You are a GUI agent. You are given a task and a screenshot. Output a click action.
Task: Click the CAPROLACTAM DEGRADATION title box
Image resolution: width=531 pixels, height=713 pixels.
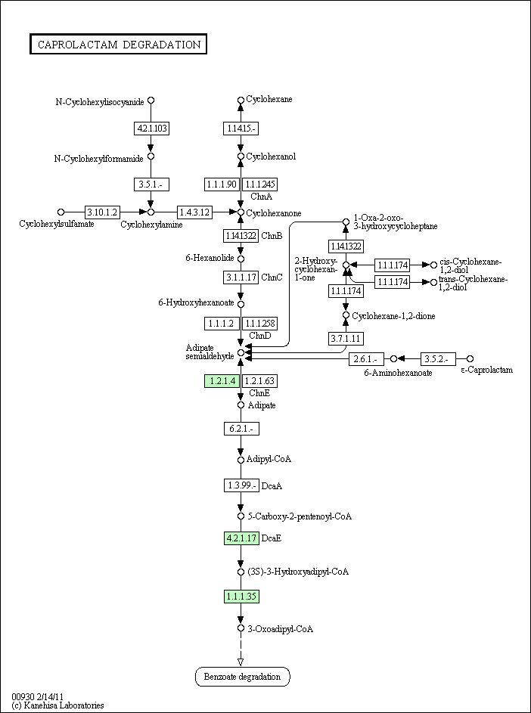(x=119, y=45)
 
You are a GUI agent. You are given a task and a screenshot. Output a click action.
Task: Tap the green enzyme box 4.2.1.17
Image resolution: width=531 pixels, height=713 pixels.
(x=241, y=538)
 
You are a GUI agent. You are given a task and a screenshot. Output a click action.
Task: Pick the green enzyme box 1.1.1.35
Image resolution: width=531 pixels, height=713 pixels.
(x=241, y=597)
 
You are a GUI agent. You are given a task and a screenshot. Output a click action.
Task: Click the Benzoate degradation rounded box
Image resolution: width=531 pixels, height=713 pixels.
(x=242, y=677)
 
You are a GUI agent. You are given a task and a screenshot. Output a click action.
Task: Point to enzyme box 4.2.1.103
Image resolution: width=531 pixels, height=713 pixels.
(x=151, y=129)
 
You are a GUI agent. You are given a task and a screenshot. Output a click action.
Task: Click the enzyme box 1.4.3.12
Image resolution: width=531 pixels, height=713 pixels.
(x=195, y=212)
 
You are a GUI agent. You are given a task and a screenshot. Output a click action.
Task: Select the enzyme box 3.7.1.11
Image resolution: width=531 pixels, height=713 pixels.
(x=346, y=337)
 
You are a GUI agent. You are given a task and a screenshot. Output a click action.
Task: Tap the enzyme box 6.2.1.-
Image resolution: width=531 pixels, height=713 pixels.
(x=241, y=429)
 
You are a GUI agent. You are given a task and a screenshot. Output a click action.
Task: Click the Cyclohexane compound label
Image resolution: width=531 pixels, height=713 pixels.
(x=269, y=99)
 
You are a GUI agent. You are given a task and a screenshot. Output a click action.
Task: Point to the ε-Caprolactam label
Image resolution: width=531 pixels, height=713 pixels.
(x=487, y=370)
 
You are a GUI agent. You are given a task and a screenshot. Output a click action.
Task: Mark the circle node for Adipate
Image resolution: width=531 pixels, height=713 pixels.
(x=241, y=405)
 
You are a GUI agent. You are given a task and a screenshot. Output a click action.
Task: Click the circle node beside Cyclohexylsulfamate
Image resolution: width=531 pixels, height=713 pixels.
(x=61, y=212)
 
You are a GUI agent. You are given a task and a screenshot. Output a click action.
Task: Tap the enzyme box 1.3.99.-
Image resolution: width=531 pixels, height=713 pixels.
(x=241, y=485)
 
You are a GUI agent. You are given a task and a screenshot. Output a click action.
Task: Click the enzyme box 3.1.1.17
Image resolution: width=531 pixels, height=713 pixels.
(x=241, y=277)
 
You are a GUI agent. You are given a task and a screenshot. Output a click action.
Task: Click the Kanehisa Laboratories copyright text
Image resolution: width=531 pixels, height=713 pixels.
(x=57, y=705)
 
